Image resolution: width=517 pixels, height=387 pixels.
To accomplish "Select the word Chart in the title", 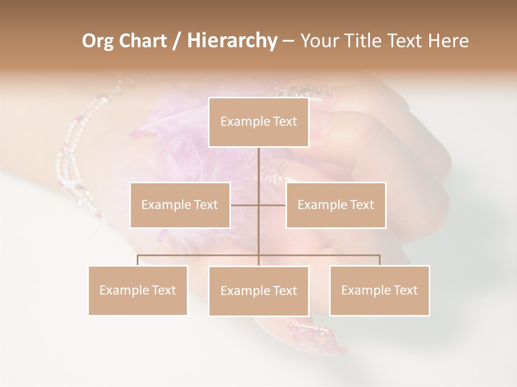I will [x=143, y=41].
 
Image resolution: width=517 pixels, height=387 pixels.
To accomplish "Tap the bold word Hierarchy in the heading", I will [x=232, y=41].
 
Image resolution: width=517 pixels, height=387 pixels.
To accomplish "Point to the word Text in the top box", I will [x=285, y=121].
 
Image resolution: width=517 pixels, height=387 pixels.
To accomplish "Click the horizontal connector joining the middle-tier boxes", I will [x=272, y=205].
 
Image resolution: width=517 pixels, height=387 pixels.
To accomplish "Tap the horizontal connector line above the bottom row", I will [x=199, y=255].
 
